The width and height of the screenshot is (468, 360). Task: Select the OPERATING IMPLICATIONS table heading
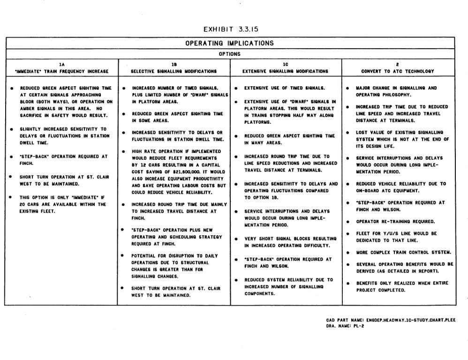coord(229,43)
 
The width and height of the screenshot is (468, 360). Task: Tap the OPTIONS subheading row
coord(229,54)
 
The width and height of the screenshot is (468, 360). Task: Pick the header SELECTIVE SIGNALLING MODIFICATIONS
coord(174,71)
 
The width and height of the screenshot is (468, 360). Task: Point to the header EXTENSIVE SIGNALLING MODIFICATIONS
coord(285,71)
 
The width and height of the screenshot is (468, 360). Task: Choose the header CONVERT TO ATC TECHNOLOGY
coord(397,71)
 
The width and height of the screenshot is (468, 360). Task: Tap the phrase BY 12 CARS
coord(146,165)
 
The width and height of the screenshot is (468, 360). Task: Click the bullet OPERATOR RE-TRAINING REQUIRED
coord(395,221)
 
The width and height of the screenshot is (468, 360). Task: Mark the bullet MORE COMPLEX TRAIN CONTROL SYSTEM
coord(403,252)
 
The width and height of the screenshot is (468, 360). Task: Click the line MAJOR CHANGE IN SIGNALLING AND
coord(396,88)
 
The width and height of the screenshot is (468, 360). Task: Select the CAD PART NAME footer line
coord(391,320)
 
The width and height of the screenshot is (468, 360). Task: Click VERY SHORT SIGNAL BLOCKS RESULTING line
coord(290,239)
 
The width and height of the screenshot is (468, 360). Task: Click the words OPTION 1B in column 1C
coord(256,198)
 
